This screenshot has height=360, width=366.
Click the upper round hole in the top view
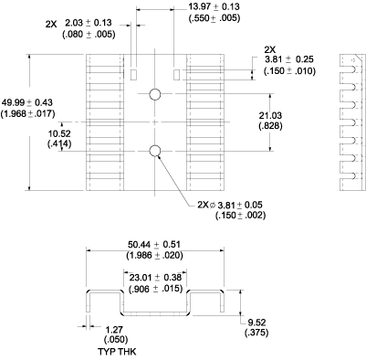click(155, 94)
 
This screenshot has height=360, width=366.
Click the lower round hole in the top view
click(155, 149)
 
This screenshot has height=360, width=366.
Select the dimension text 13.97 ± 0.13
click(214, 7)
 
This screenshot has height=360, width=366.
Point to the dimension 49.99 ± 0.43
click(27, 101)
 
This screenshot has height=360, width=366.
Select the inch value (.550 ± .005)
click(214, 18)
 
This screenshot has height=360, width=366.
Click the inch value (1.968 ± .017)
click(27, 113)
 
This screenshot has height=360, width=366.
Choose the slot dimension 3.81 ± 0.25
click(291, 59)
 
